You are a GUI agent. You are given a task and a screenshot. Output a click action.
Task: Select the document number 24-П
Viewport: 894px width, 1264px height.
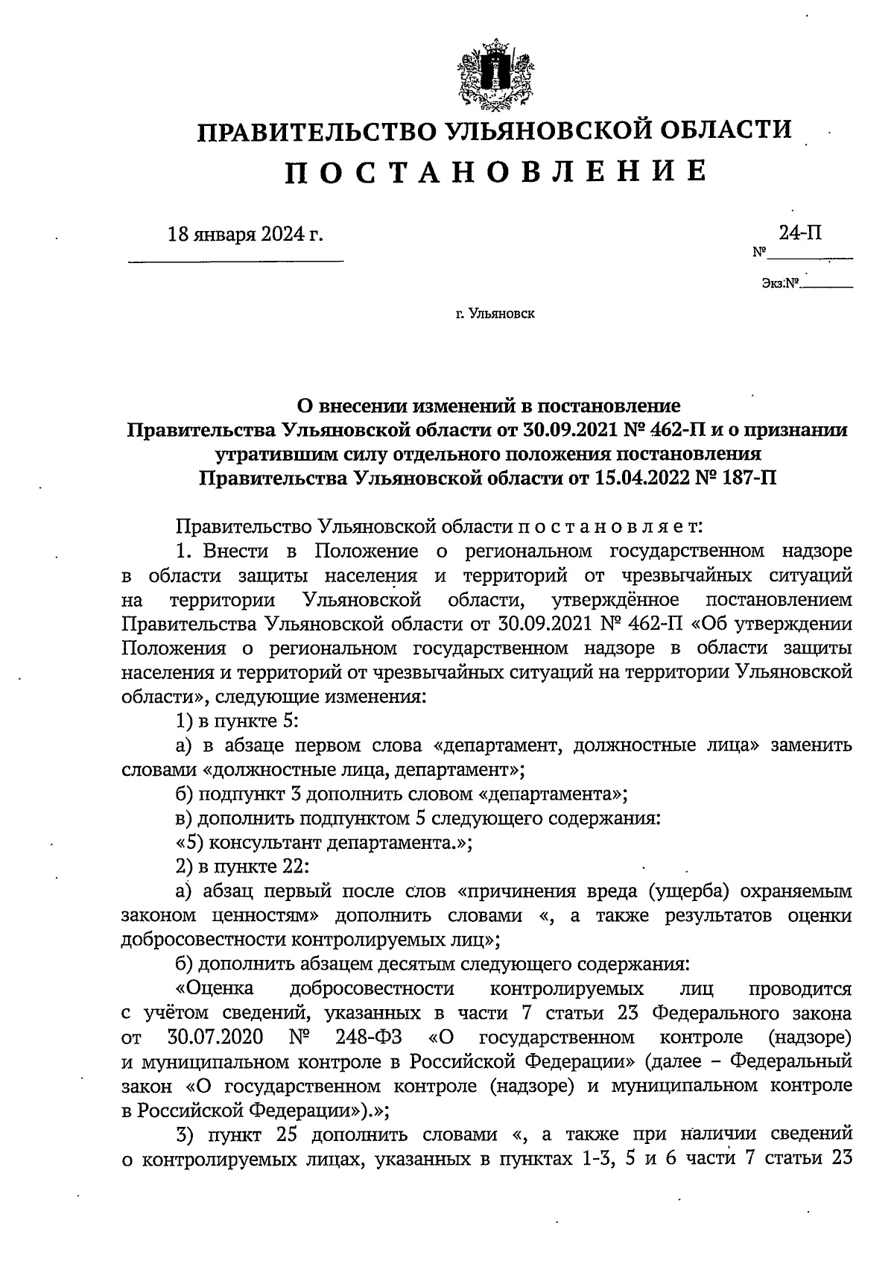[800, 233]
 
